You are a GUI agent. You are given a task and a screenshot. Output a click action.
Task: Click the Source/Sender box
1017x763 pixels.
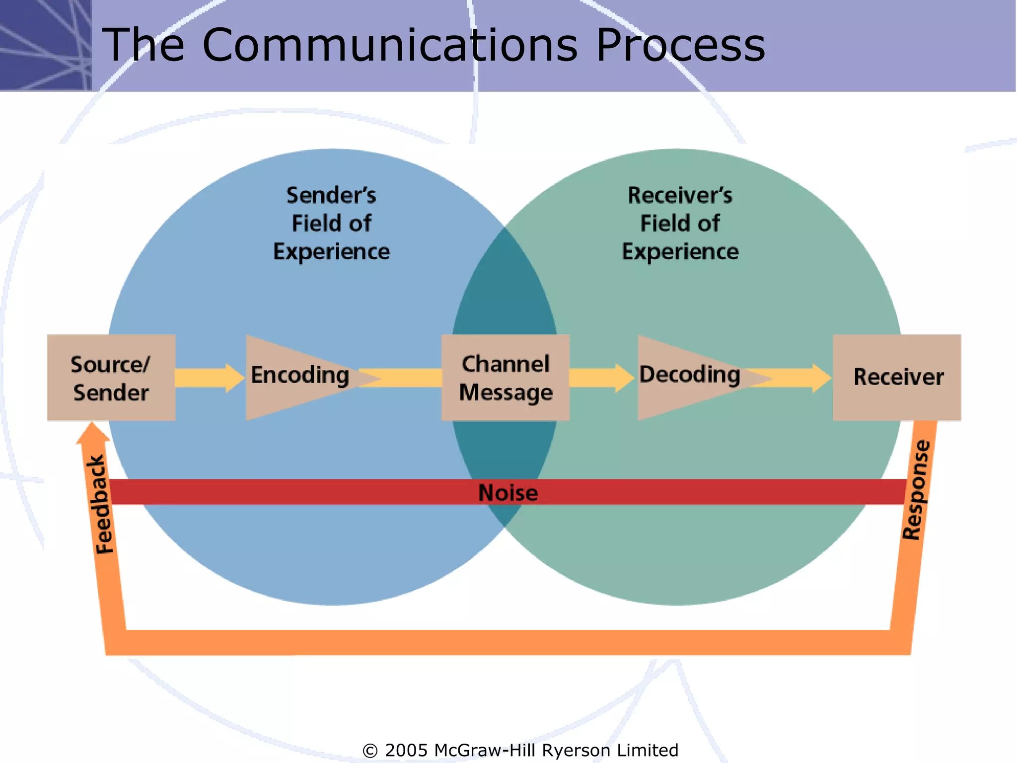tap(111, 378)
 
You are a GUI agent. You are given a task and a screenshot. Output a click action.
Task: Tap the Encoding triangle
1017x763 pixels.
tap(298, 376)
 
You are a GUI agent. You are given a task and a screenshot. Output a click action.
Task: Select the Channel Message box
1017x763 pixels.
tap(506, 378)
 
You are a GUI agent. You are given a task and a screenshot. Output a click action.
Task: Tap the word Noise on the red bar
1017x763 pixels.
tap(508, 493)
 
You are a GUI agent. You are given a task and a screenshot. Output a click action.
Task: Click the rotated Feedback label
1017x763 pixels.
tap(101, 504)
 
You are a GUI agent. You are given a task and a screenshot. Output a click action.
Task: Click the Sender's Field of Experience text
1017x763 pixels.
tap(331, 224)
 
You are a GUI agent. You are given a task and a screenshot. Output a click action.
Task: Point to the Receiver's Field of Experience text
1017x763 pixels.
tap(680, 224)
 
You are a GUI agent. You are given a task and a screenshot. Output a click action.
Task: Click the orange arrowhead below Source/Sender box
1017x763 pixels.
tap(92, 432)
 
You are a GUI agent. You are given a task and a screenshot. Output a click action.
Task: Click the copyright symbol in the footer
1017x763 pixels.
tap(370, 751)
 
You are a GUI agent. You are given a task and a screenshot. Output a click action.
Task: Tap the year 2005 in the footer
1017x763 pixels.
tap(406, 751)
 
